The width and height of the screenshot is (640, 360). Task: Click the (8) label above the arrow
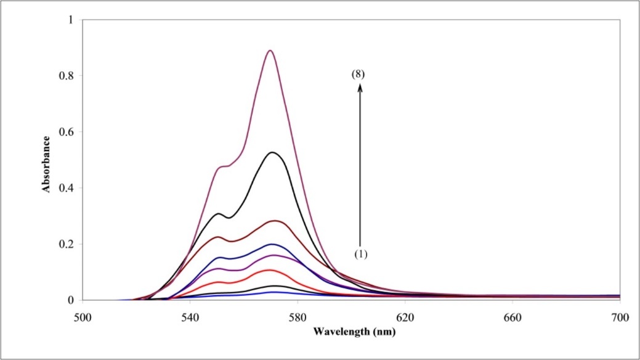(359, 74)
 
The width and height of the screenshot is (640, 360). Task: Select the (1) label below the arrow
(361, 253)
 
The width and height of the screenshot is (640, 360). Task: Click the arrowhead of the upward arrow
(360, 87)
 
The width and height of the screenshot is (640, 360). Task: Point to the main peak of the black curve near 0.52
(272, 152)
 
